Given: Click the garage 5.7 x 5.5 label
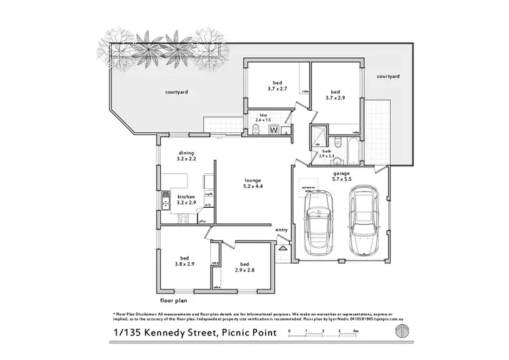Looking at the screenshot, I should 341,176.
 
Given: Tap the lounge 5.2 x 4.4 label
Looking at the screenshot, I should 252,183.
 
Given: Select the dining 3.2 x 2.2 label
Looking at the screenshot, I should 187,156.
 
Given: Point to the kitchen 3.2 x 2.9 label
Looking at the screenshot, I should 187,198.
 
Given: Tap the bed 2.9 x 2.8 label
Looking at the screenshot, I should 244,267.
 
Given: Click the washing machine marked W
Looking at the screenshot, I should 274,129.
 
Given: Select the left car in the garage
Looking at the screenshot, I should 318,222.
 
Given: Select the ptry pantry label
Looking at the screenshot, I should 202,221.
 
